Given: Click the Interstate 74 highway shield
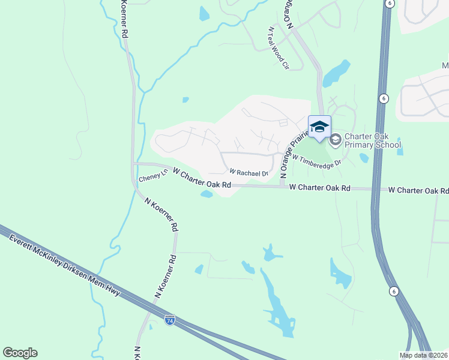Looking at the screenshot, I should pos(170,321).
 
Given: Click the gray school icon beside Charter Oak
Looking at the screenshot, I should pos(335,140).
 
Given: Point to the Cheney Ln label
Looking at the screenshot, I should pos(153,178).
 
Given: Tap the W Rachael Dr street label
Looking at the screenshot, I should pos(248,173).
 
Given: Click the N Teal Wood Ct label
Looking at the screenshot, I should pos(278,47).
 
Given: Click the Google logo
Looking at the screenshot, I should pos(20,353).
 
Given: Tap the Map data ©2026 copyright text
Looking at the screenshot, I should pos(423,355).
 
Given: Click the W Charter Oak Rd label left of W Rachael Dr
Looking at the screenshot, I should pos(202,178).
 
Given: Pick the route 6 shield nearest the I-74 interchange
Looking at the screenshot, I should pos(394,291).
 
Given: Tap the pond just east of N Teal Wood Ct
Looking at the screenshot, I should pos(336,73).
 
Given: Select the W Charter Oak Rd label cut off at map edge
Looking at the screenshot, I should pos(418,190).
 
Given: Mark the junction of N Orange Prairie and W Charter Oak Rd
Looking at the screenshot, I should pos(282,187).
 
